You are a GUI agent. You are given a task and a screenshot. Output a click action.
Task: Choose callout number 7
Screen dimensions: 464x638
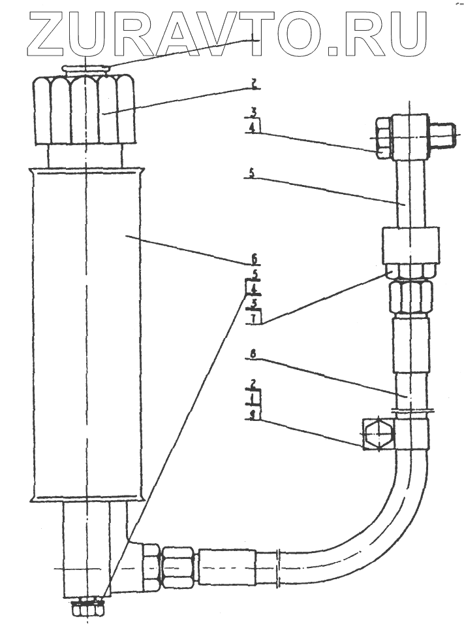pyautogui.click(x=254, y=318)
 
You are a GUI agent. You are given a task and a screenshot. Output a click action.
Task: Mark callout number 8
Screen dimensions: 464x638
pyautogui.click(x=254, y=355)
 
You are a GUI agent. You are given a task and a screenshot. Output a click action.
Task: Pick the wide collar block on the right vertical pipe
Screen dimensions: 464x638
pyautogui.click(x=409, y=244)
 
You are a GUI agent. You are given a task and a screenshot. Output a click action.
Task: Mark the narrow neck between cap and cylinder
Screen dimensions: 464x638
pyautogui.click(x=85, y=157)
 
